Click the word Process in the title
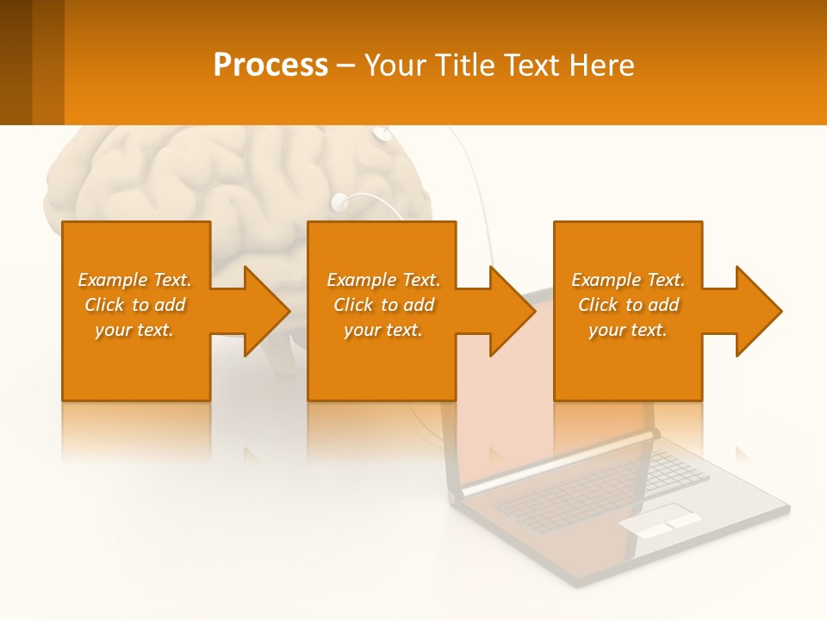270,65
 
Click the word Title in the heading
462,65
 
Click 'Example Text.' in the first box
134,280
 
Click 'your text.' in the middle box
382,330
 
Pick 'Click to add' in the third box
628,305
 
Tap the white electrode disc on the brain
339,202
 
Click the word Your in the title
396,65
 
